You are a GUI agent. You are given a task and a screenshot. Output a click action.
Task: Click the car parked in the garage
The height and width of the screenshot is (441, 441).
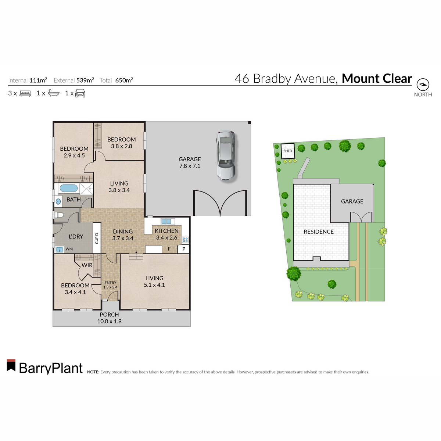pos(225,155)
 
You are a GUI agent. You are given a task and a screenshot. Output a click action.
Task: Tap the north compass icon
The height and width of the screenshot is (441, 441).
pos(423,85)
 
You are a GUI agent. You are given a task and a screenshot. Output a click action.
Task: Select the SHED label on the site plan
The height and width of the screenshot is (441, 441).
pos(288,151)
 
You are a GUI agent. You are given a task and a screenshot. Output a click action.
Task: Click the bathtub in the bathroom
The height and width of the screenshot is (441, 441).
pos(69,189)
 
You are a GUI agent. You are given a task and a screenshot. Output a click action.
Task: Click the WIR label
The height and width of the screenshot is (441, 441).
pos(87,265)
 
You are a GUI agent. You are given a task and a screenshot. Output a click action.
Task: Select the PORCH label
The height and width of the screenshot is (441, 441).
pos(109,315)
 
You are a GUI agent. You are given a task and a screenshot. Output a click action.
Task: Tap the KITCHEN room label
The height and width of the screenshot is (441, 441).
pos(166,231)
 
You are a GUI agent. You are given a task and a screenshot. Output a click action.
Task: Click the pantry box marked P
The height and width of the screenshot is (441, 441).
pos(184,249)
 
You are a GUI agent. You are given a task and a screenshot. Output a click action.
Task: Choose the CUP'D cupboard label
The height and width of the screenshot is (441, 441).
pos(97,238)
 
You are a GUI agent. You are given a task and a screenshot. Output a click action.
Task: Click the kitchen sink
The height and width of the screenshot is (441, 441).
pos(166,221)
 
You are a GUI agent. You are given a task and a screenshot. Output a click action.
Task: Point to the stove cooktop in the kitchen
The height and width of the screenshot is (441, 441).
pos(185,240)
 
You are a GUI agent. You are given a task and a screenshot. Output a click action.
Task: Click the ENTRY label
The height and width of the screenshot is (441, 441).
pos(110,283)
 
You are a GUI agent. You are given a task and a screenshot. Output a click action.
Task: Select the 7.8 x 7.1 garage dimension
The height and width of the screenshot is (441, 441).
pos(190,166)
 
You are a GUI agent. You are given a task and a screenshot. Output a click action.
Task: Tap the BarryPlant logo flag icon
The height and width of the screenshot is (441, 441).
pos(11,365)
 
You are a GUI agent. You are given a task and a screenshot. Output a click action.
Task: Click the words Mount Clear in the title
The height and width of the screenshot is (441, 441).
pos(377,79)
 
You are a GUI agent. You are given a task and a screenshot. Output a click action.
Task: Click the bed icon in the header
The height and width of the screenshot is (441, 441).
pos(25,93)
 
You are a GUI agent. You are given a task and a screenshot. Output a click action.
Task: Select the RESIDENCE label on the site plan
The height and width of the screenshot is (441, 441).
pos(319,232)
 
